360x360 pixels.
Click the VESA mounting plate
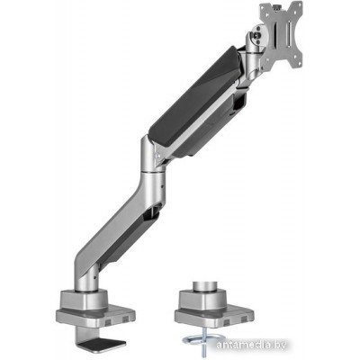(281, 36)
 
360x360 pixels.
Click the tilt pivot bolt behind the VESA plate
(256, 35)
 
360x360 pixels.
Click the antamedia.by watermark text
(251, 345)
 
